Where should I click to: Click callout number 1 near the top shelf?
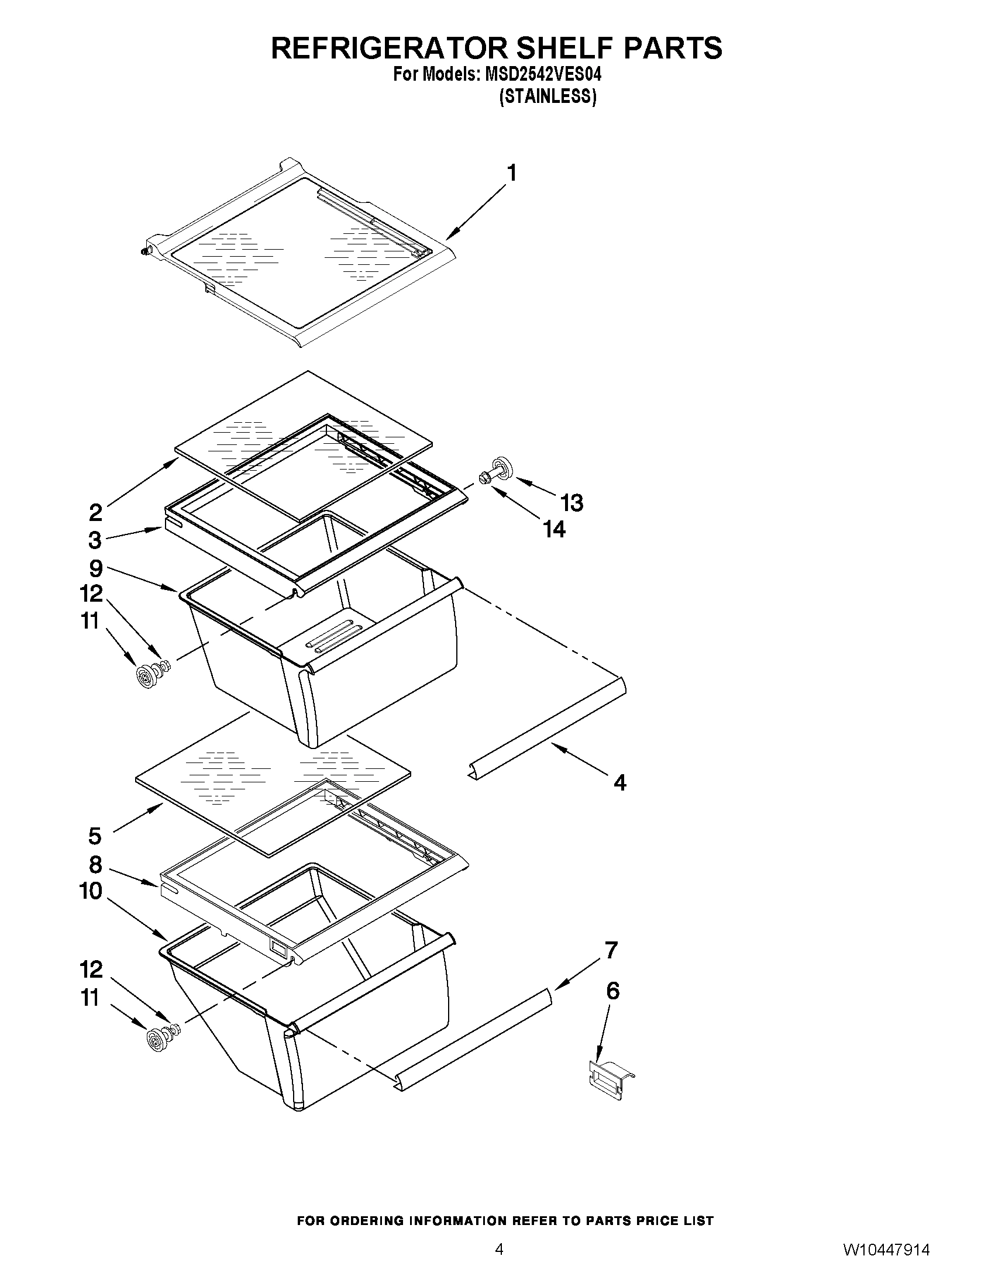512,172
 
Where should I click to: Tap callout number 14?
554,529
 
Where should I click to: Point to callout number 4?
619,782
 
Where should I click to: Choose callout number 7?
611,951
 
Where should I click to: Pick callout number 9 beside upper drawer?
96,568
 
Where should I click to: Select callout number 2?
95,512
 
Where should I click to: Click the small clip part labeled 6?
612,1080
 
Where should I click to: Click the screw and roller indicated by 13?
498,471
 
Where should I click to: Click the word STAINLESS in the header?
548,97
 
